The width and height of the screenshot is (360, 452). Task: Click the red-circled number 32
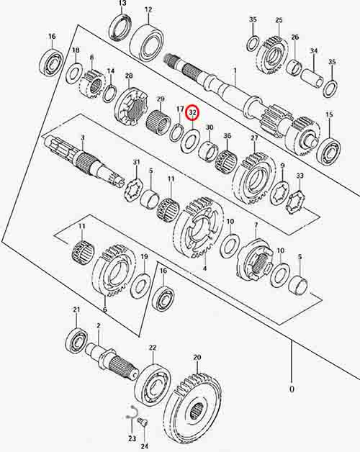click(x=193, y=113)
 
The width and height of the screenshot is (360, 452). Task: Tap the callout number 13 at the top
click(x=122, y=4)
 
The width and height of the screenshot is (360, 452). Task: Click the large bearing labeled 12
click(x=147, y=42)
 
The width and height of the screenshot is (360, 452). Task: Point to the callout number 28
click(x=129, y=76)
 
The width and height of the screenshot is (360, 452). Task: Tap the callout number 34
click(x=314, y=51)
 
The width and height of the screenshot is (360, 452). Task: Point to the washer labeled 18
click(x=74, y=73)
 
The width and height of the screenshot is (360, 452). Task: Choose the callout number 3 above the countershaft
click(x=83, y=137)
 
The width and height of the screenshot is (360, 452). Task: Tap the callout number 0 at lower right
click(x=292, y=389)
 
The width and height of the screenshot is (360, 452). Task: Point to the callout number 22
click(x=152, y=348)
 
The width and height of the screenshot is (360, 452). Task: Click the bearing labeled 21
click(x=76, y=340)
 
